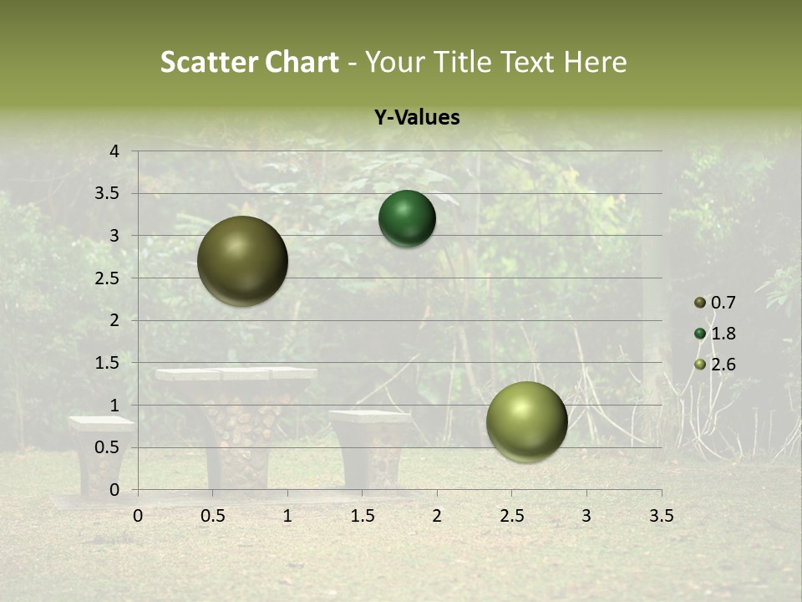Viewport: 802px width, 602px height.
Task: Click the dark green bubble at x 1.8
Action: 407,219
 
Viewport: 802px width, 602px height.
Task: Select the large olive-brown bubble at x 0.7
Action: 243,261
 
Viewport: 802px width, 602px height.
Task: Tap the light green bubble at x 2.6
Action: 526,421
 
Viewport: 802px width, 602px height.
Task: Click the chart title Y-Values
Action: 417,118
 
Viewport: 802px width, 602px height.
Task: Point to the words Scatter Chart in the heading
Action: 249,62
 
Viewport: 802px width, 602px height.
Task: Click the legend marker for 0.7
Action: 700,303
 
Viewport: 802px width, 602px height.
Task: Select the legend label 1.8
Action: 723,334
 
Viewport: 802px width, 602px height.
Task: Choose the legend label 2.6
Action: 723,365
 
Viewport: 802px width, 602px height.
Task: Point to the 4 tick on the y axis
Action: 114,151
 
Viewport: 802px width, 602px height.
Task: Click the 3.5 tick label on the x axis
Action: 661,516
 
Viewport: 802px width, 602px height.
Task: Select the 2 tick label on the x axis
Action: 437,516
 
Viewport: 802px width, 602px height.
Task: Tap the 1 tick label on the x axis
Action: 287,516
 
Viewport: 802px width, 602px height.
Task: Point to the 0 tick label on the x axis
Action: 138,516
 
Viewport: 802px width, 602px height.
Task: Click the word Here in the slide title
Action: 594,62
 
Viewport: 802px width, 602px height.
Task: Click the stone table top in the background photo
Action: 236,374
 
